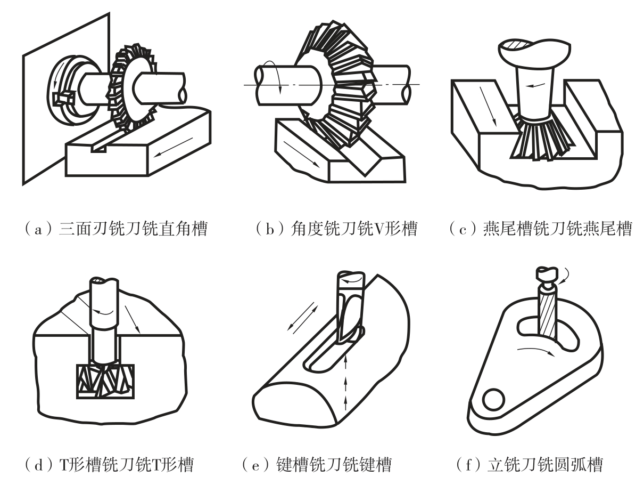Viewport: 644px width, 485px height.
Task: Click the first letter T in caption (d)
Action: [x=64, y=464]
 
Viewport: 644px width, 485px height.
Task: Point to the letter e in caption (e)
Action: [x=255, y=465]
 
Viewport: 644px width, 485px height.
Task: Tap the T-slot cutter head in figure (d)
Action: [x=105, y=381]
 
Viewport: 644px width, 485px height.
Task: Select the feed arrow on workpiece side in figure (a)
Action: [x=173, y=147]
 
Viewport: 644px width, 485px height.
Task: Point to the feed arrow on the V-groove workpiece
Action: [x=301, y=154]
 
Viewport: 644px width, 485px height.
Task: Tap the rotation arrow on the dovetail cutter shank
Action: [x=535, y=85]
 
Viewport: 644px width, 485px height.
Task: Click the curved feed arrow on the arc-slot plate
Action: [x=536, y=351]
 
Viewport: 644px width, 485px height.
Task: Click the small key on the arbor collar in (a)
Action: [x=63, y=98]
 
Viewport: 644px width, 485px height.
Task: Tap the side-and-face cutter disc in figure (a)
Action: [x=132, y=87]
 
